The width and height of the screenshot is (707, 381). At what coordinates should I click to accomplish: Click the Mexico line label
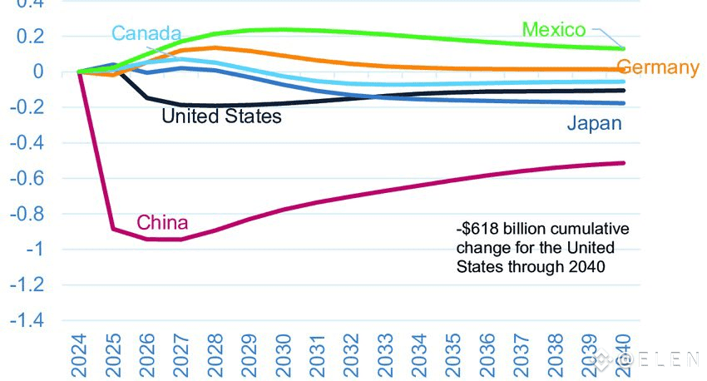pyautogui.click(x=554, y=30)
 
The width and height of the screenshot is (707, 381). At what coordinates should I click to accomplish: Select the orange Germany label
pyautogui.click(x=658, y=67)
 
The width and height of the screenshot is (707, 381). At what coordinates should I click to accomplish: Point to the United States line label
pyautogui.click(x=221, y=116)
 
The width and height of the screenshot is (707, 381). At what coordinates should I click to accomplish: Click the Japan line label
pyautogui.click(x=595, y=124)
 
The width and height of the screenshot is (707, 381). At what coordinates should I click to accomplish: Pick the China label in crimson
pyautogui.click(x=162, y=222)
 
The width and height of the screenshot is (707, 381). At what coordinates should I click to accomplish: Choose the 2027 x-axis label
pyautogui.click(x=181, y=354)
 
